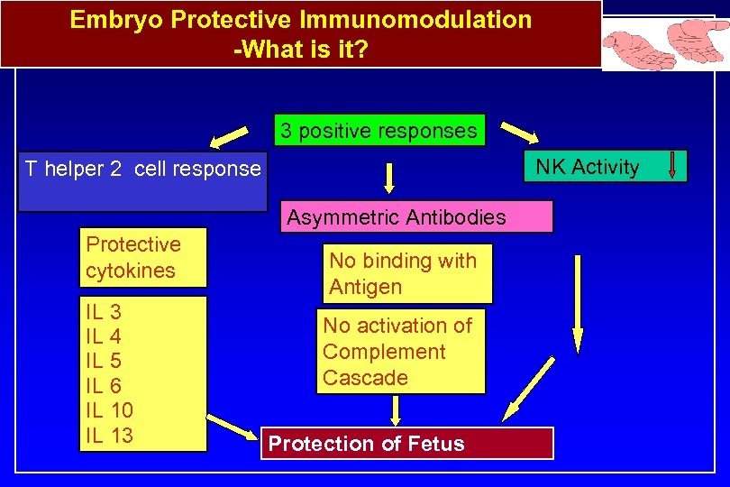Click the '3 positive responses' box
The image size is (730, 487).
pos(379,130)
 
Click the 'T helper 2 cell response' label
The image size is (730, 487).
pos(142,169)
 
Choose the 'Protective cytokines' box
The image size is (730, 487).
pos(143,256)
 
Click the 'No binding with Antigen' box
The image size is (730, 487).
pos(409,273)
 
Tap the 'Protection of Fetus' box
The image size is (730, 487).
pos(406,444)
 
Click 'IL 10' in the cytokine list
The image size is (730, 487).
pos(109,410)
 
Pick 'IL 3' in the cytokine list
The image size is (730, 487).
pos(104,313)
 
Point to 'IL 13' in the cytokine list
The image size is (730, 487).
pos(109,435)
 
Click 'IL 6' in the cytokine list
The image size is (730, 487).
pos(104,386)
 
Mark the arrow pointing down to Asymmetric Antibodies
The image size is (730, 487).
pos(389,177)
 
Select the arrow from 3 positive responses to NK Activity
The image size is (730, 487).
pos(518,133)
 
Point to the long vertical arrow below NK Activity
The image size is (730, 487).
pos(578,302)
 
